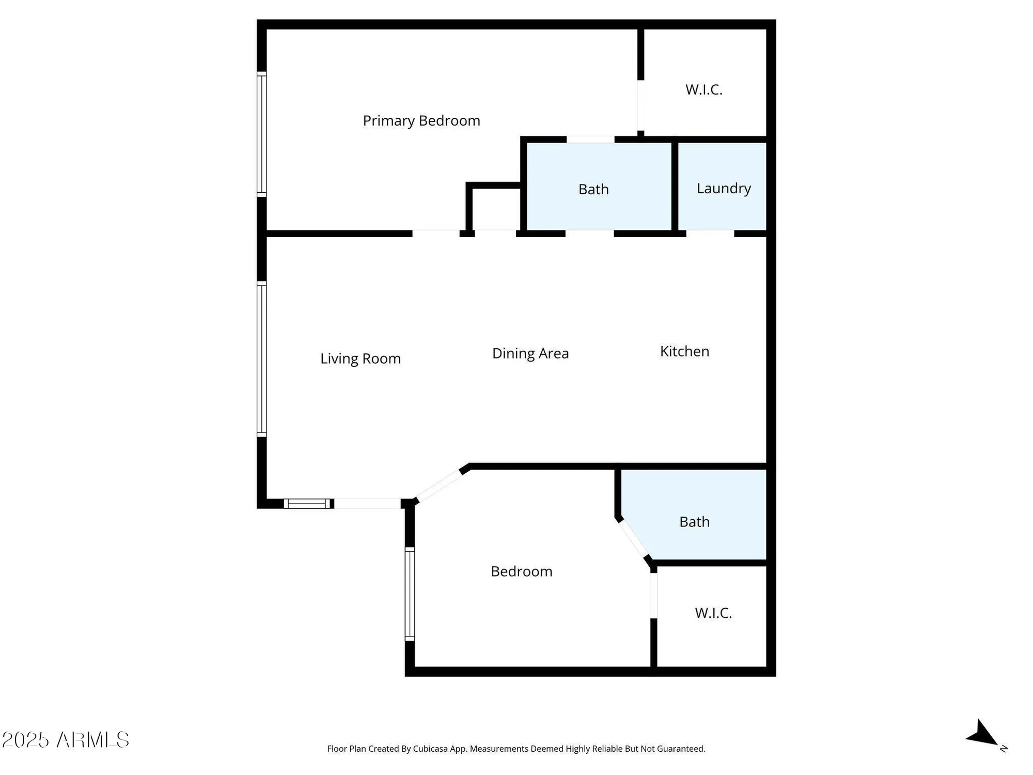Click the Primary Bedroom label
pos(421,120)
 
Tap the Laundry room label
pos(723,188)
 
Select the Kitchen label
pos(684,351)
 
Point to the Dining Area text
pos(530,353)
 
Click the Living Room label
pos(360,359)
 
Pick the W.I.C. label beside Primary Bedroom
pos(703,89)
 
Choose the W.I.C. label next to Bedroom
pos(713,613)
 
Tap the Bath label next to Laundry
pos(593,189)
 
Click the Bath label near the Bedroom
pos(694,522)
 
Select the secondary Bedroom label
pos(521,571)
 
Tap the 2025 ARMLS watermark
pos(66,740)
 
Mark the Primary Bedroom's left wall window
pos(262,134)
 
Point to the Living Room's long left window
pos(262,359)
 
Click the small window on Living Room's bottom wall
pos(308,503)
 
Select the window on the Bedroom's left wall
pos(410,594)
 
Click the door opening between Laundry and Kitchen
pos(710,234)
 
